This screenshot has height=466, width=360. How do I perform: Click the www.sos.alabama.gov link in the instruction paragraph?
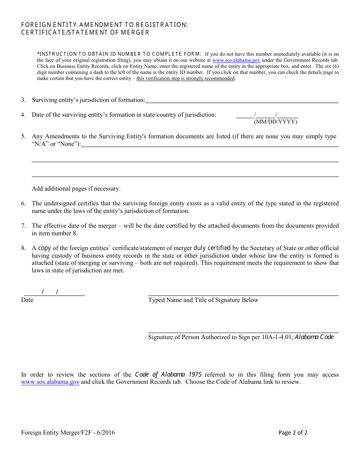coord(236,60)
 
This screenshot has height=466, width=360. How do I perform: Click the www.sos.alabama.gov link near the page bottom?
coord(50,382)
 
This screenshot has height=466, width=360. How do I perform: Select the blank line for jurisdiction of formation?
coord(242,101)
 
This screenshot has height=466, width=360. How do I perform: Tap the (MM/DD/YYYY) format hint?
coord(275,122)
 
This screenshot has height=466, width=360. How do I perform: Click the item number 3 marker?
coord(23,100)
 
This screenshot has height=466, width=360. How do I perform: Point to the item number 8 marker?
coord(23,248)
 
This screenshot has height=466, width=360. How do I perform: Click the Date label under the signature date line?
coord(27,300)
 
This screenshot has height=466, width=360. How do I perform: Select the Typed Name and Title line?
coord(243,293)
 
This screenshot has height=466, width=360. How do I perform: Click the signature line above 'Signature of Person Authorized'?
coord(243,330)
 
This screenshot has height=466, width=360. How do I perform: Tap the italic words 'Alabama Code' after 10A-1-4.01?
coord(314,337)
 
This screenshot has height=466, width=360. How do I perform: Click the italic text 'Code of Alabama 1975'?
coord(168,375)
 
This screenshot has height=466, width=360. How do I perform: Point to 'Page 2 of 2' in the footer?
coord(293,433)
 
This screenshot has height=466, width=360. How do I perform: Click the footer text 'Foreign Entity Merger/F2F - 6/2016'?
coord(68,433)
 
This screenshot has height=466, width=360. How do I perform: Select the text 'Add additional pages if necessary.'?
coord(76,189)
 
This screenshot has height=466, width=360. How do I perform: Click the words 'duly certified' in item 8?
coord(212,248)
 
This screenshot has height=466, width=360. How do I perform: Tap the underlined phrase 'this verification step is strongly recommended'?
coord(186,78)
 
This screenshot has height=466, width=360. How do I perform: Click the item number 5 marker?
coord(23,137)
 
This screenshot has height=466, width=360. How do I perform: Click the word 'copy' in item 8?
coord(44,248)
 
